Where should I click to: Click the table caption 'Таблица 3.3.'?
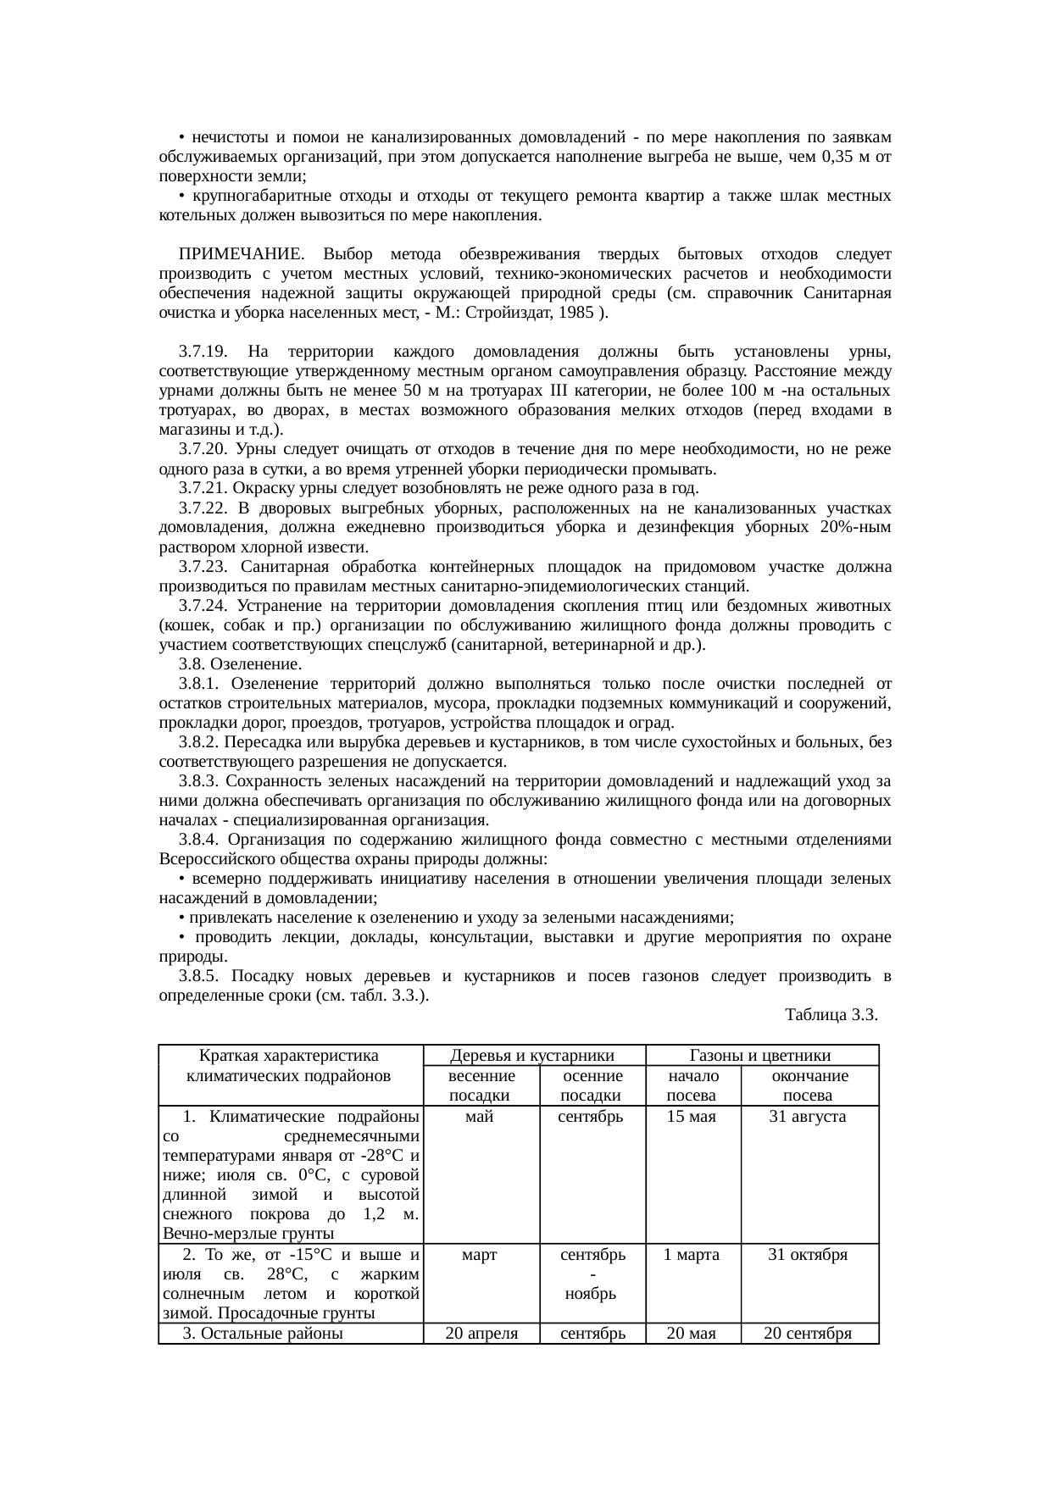[831, 1014]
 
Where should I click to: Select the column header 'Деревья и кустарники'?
[533, 1055]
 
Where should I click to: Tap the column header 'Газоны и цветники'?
[761, 1055]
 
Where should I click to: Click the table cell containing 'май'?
[481, 1117]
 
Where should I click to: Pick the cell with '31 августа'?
[808, 1117]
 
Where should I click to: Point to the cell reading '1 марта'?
[692, 1255]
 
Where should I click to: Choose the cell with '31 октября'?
[808, 1255]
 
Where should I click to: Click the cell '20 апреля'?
[481, 1334]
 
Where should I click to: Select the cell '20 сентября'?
[808, 1334]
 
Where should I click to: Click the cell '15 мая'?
[692, 1117]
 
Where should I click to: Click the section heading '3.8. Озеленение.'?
[241, 664]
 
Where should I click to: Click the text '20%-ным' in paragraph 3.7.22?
[856, 528]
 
